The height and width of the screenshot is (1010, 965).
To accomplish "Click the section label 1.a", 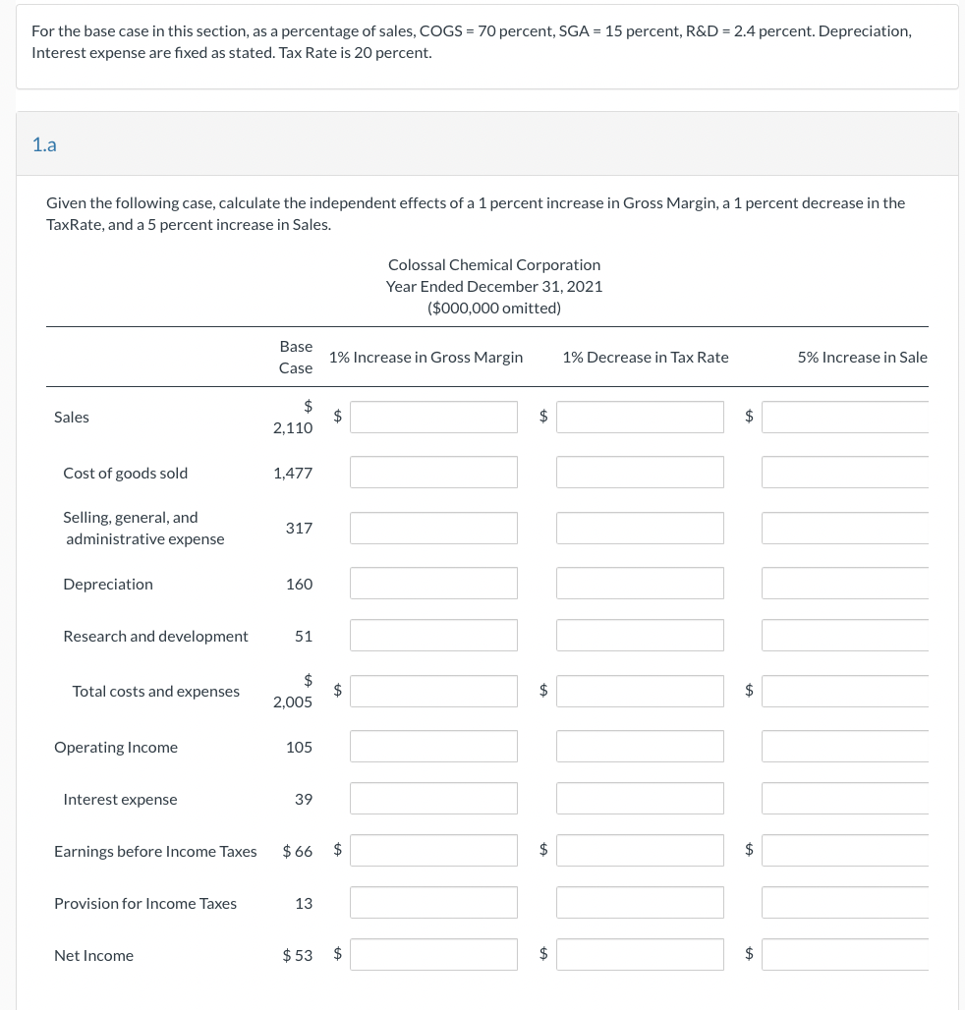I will point(44,145).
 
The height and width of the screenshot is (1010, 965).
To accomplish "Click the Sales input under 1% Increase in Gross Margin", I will point(433,417).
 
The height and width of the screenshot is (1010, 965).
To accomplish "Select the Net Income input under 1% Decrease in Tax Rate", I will point(640,954).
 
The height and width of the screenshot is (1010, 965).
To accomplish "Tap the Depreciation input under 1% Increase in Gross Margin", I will point(433,584).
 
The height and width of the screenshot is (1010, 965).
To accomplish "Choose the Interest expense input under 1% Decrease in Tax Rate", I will point(640,799).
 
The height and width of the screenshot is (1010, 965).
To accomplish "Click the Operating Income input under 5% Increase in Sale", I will point(845,747).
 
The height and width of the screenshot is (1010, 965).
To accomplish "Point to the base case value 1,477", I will point(293,473).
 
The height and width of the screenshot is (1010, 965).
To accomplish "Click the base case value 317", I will point(299,528).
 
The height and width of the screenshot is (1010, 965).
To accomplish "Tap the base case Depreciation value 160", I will point(299,584).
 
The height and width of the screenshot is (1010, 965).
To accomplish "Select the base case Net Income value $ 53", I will point(297,955).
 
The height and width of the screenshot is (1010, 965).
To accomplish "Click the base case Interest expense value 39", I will point(304,799).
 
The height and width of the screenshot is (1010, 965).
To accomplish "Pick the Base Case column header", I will point(296,357).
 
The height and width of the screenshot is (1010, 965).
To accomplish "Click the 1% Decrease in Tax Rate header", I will point(646,357).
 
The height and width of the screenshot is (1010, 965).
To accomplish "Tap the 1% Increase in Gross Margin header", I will point(426,357).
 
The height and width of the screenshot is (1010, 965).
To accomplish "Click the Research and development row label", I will point(155,636).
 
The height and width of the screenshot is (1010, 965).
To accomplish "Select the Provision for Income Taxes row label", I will point(145,903).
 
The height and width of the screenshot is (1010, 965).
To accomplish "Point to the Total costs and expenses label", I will point(155,691).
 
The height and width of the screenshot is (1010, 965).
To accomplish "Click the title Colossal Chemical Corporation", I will point(494,264).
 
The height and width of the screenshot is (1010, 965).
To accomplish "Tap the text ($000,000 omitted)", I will point(494,308).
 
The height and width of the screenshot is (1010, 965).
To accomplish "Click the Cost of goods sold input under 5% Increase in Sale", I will point(845,473).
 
